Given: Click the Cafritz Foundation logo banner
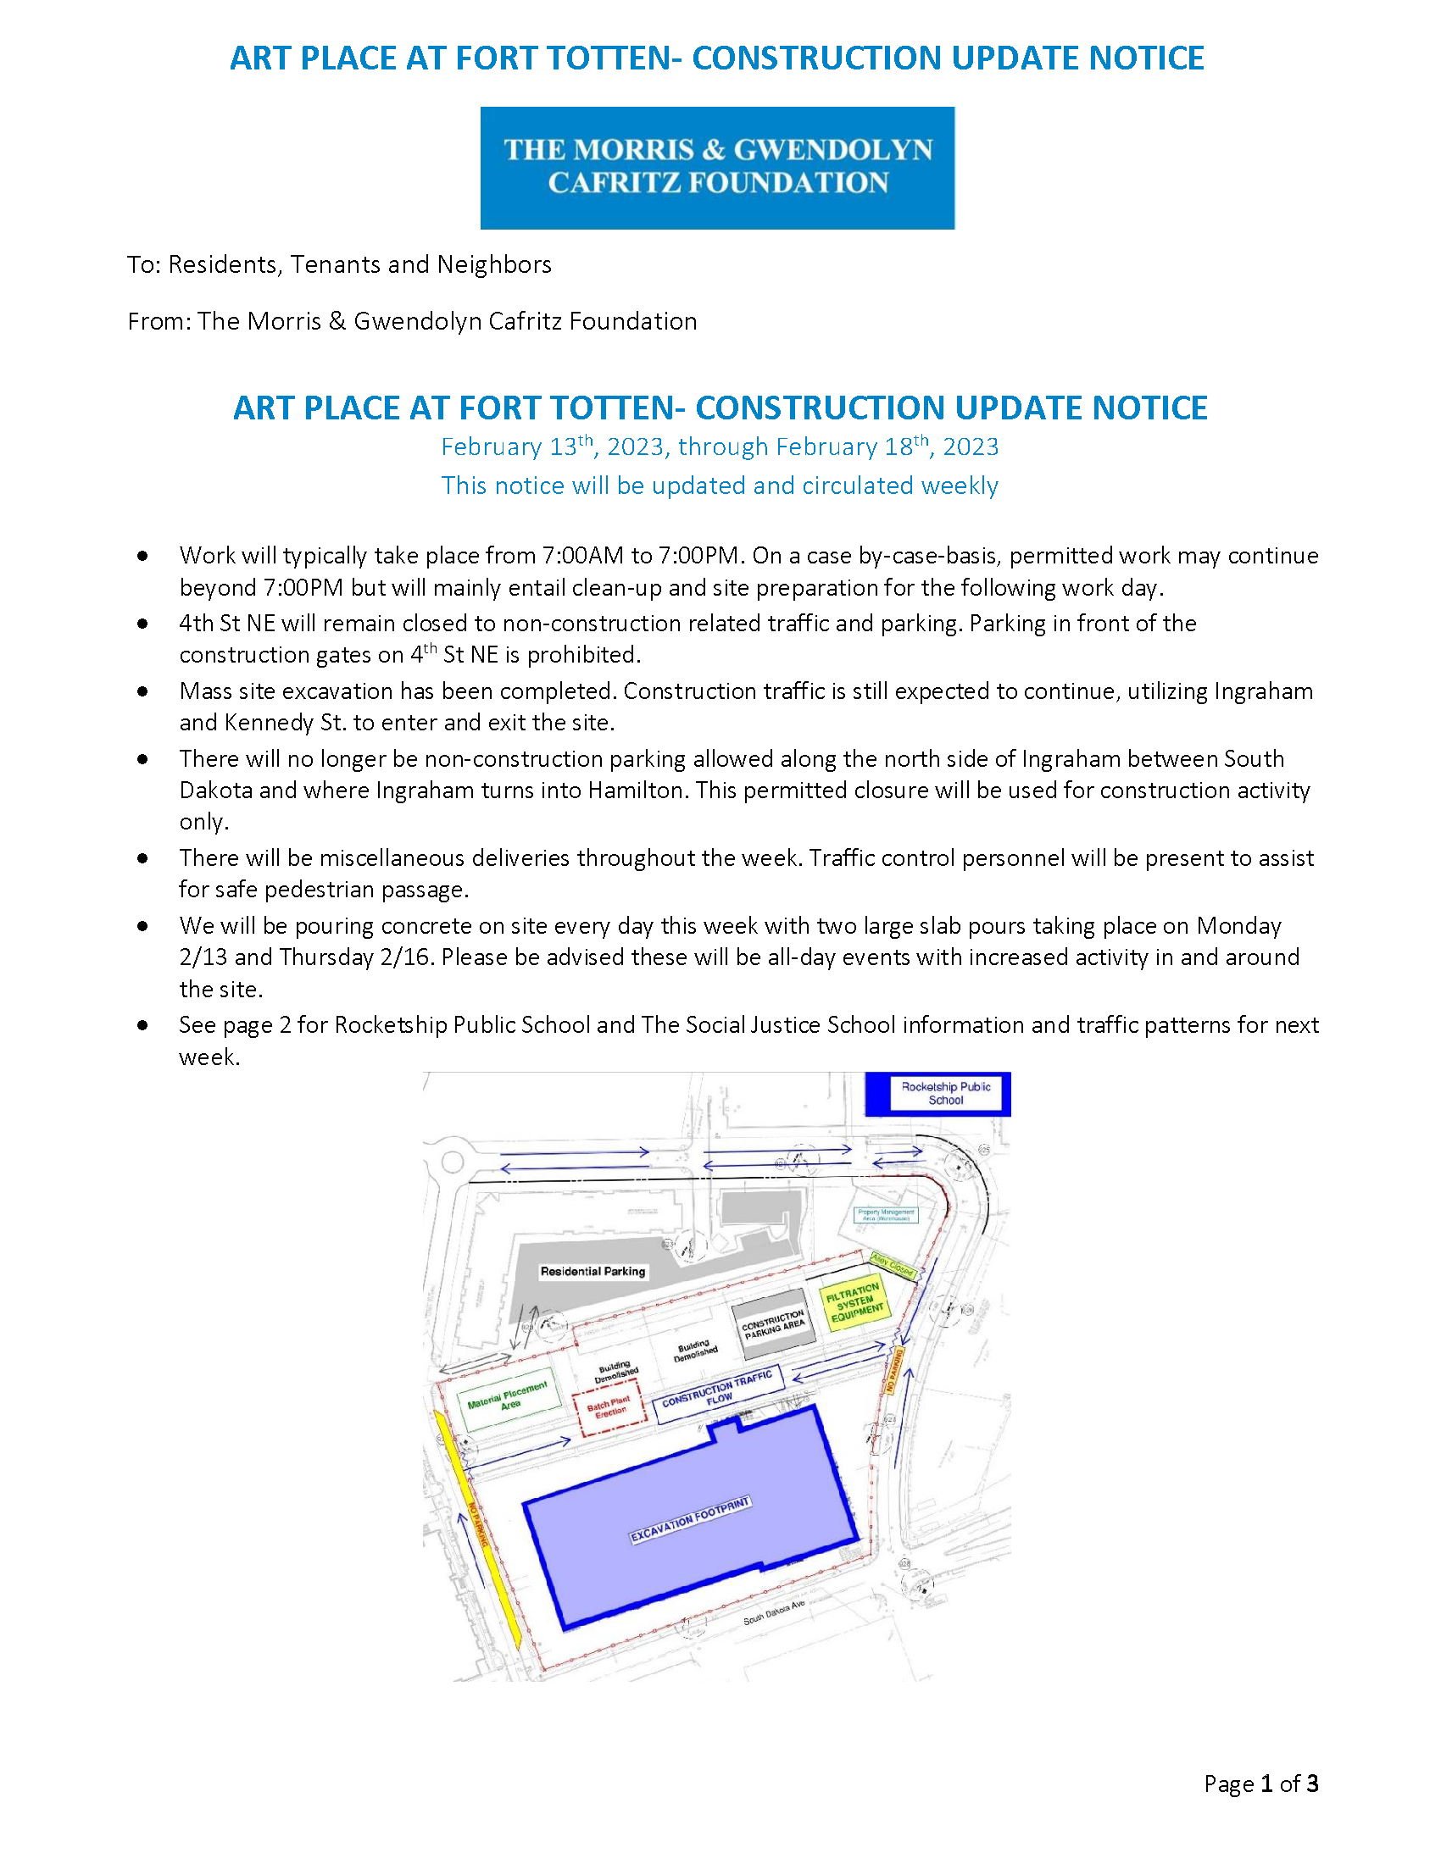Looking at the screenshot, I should point(717,167).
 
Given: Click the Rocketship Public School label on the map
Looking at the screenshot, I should point(945,1093).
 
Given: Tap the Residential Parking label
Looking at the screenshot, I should point(593,1271).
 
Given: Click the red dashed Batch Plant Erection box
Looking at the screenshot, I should point(608,1406).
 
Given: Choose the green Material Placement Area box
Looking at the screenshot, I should point(509,1398).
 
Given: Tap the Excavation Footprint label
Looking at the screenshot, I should point(690,1519).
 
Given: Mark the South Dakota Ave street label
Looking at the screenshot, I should point(773,1612).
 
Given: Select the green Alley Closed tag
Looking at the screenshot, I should point(892,1264).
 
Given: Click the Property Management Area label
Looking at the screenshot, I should point(885,1213).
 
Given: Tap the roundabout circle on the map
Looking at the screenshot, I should point(452,1162).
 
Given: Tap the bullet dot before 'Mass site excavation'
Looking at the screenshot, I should point(142,691).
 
